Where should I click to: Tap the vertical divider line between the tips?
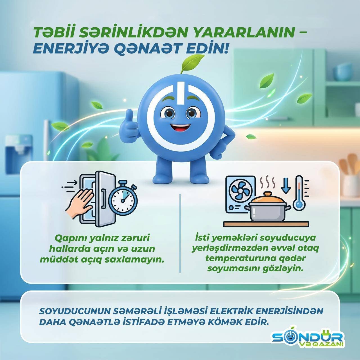[x=180, y=233]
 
